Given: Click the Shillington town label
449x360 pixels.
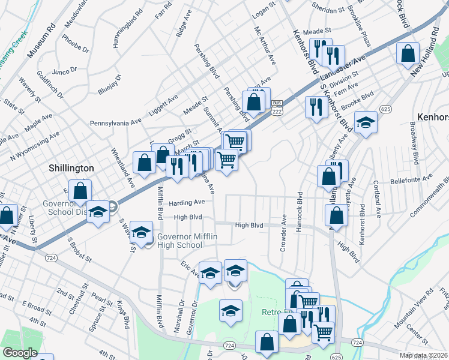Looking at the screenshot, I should (71, 169).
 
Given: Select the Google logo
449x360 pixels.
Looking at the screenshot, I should (20, 353).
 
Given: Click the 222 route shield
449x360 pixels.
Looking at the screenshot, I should (277, 112).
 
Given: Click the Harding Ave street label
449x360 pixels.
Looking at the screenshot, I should (191, 202).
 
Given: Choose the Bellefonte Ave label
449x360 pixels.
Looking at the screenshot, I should (411, 178).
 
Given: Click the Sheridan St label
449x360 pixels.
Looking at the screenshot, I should (327, 10).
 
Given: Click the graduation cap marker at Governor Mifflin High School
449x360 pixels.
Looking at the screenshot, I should (141, 232).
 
